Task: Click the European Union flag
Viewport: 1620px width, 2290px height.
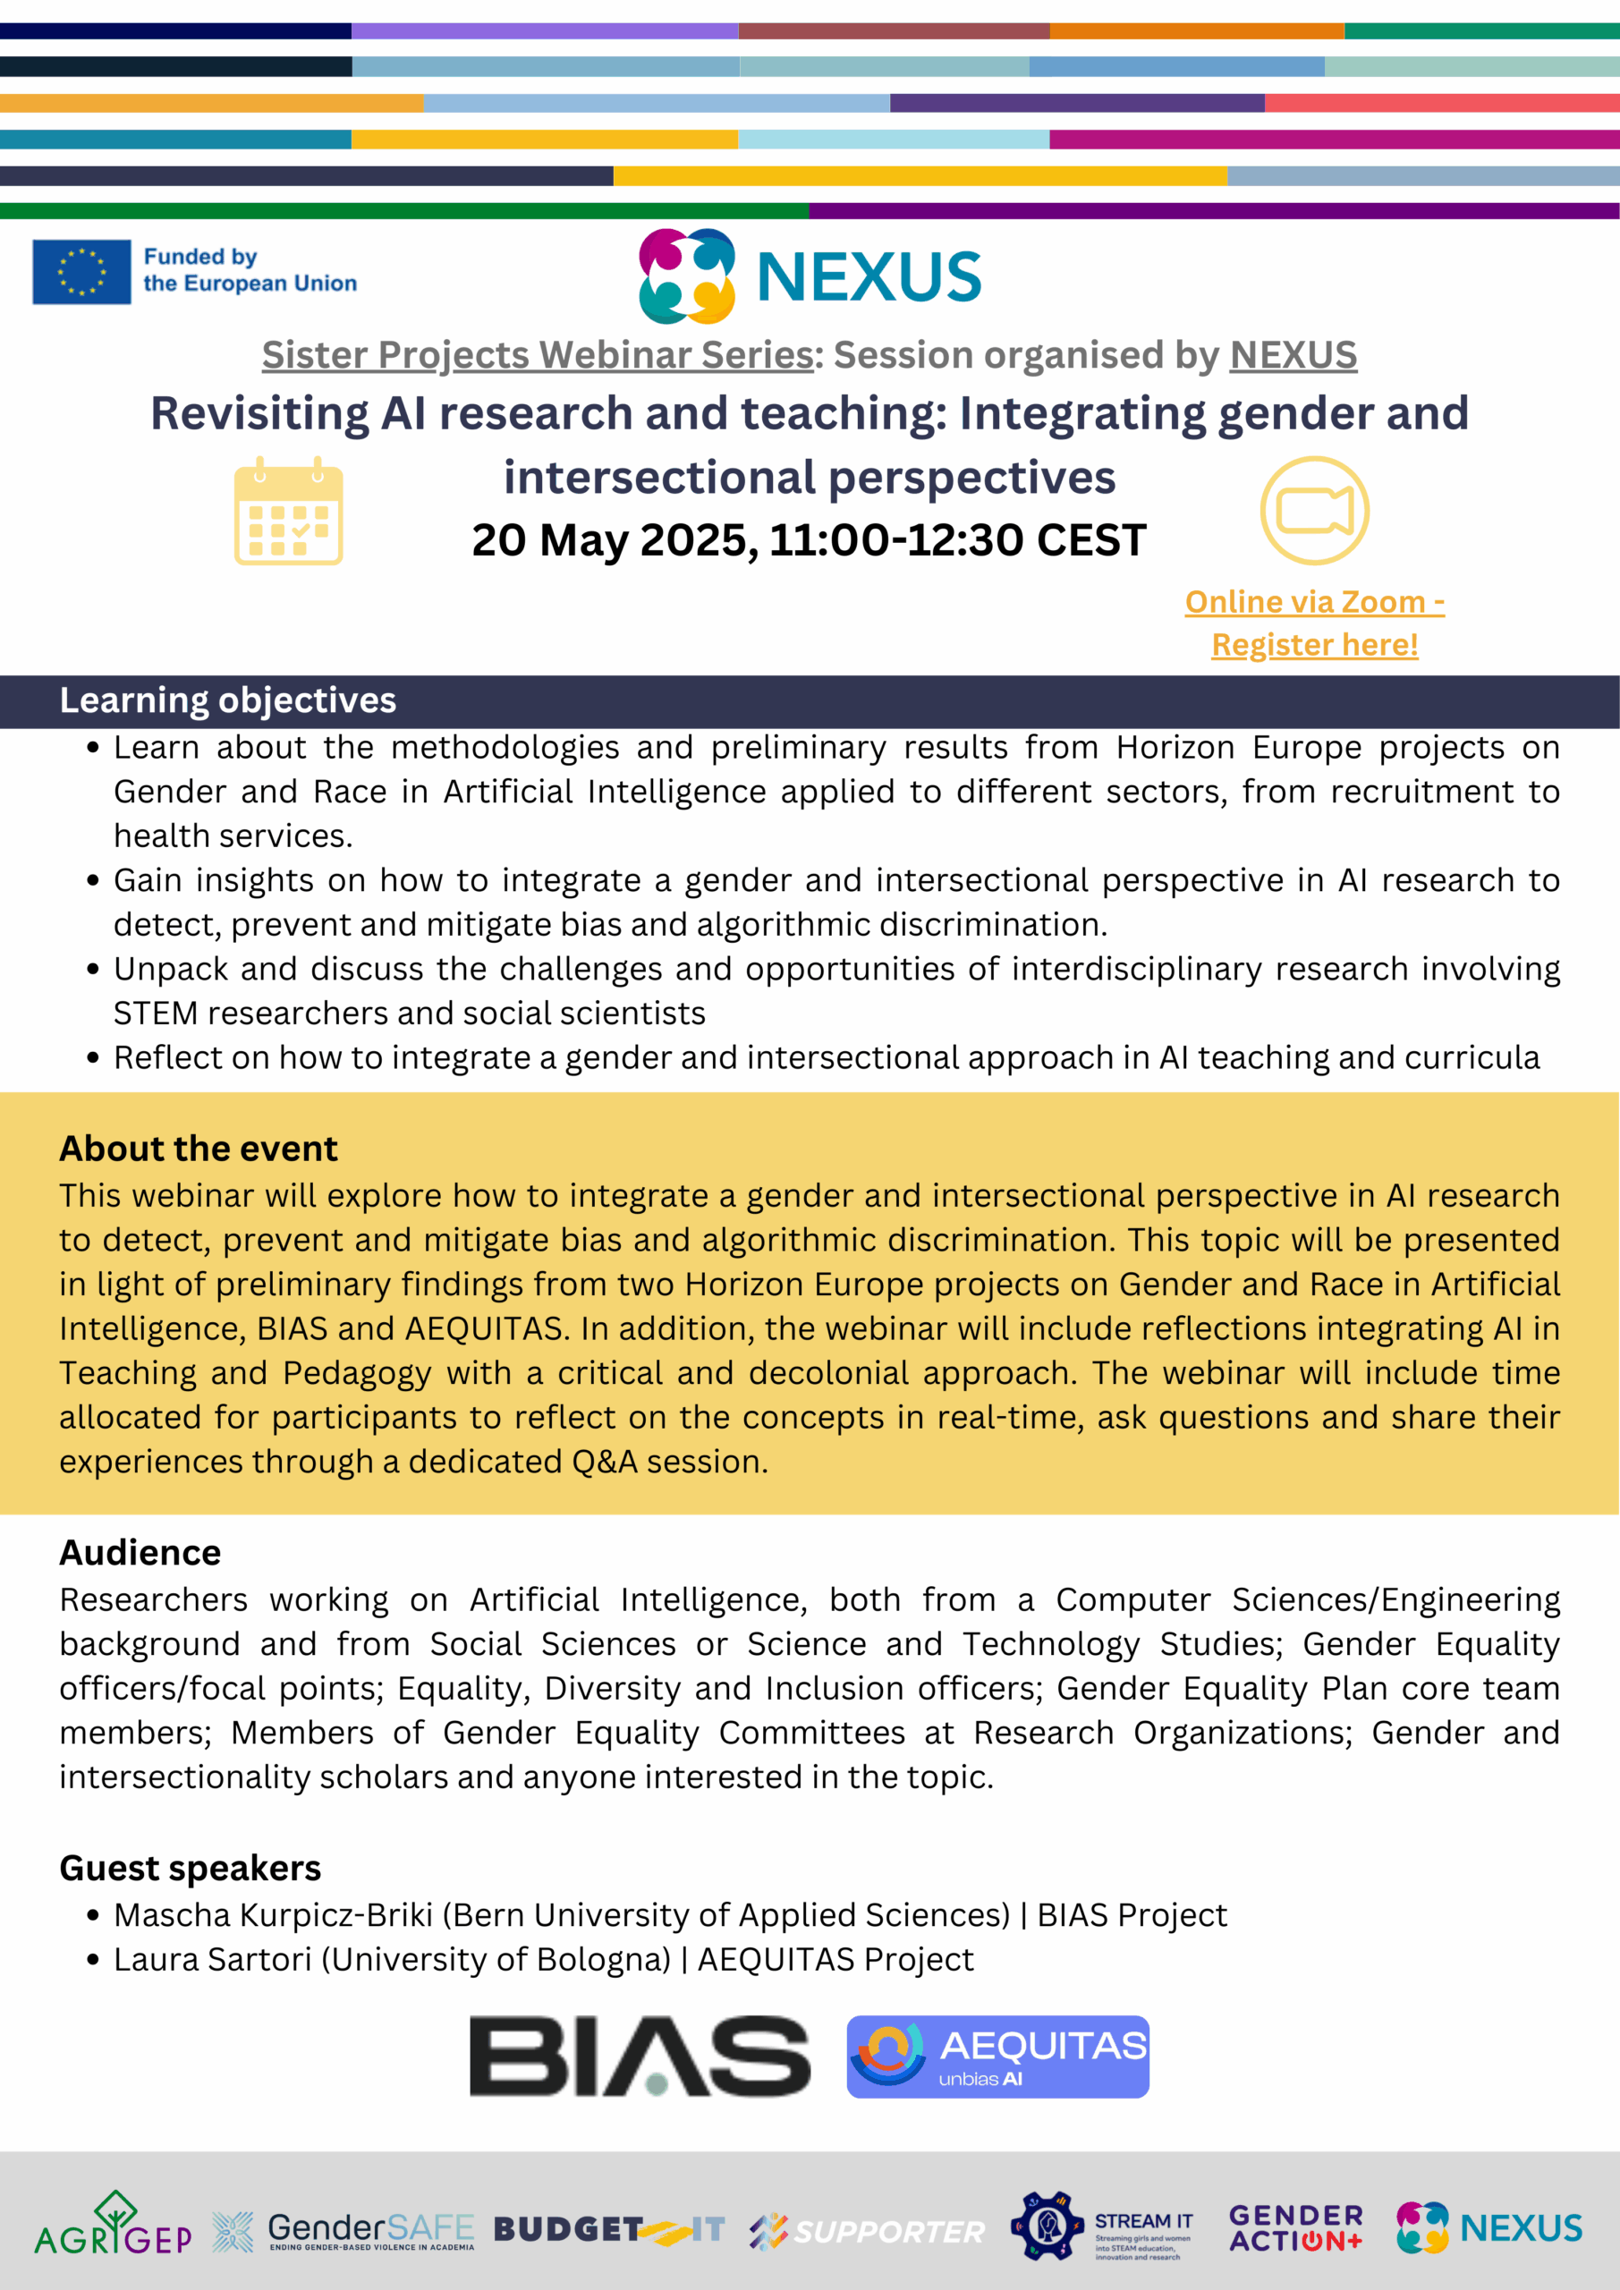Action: coord(81,271)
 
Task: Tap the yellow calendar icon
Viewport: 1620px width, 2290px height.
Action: coord(288,512)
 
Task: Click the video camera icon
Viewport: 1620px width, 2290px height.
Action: coord(1314,511)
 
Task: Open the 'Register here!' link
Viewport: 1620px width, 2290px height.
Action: coord(1314,645)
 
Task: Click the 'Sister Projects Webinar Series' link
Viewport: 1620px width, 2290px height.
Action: coord(538,355)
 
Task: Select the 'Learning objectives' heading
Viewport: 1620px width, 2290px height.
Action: coord(227,701)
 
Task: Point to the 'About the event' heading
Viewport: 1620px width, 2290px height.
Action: coord(199,1149)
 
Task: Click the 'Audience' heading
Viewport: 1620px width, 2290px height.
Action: coord(140,1553)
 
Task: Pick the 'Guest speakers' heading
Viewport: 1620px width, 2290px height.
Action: coord(190,1868)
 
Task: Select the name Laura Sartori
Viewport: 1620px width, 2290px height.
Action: coord(213,1960)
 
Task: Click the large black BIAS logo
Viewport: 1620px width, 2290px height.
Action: coord(640,2057)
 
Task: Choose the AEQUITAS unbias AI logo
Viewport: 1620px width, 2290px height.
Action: coord(997,2057)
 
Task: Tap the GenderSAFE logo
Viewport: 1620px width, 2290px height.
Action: coord(344,2231)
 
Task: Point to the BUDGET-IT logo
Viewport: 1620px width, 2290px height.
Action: coord(609,2230)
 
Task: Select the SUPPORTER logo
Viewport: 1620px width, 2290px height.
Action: coord(867,2231)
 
